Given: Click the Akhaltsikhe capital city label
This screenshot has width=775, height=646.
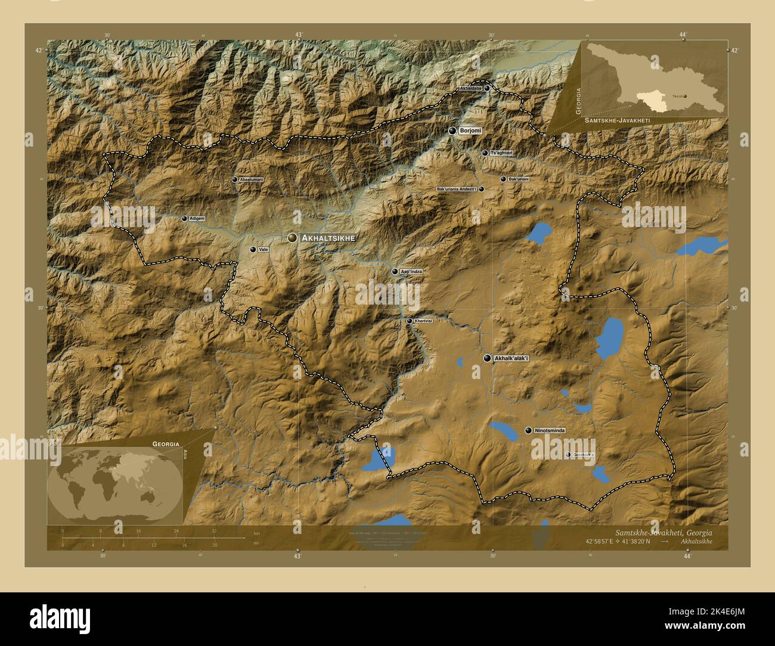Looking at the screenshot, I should click(x=328, y=238).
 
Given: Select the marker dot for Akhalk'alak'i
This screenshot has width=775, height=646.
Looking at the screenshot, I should click(x=488, y=358).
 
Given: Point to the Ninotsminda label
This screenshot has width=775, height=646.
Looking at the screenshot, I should click(x=550, y=430).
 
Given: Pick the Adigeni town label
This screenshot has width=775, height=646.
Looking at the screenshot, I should click(x=197, y=219).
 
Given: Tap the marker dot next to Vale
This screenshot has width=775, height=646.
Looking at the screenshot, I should click(x=253, y=250).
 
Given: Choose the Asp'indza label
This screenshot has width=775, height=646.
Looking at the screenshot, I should click(x=411, y=272).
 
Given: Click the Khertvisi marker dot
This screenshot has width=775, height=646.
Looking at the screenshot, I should click(x=409, y=321).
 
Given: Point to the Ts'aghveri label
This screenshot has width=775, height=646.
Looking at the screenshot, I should click(x=501, y=153).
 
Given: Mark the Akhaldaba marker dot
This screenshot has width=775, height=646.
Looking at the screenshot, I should click(x=486, y=88).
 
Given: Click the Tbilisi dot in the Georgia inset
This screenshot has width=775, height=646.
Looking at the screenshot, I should click(x=684, y=95).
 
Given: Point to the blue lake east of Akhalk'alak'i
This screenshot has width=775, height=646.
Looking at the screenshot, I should click(x=609, y=337).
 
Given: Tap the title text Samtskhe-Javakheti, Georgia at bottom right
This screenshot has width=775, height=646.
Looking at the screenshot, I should click(x=663, y=533).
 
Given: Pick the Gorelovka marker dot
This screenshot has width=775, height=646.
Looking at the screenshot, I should click(x=568, y=455).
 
